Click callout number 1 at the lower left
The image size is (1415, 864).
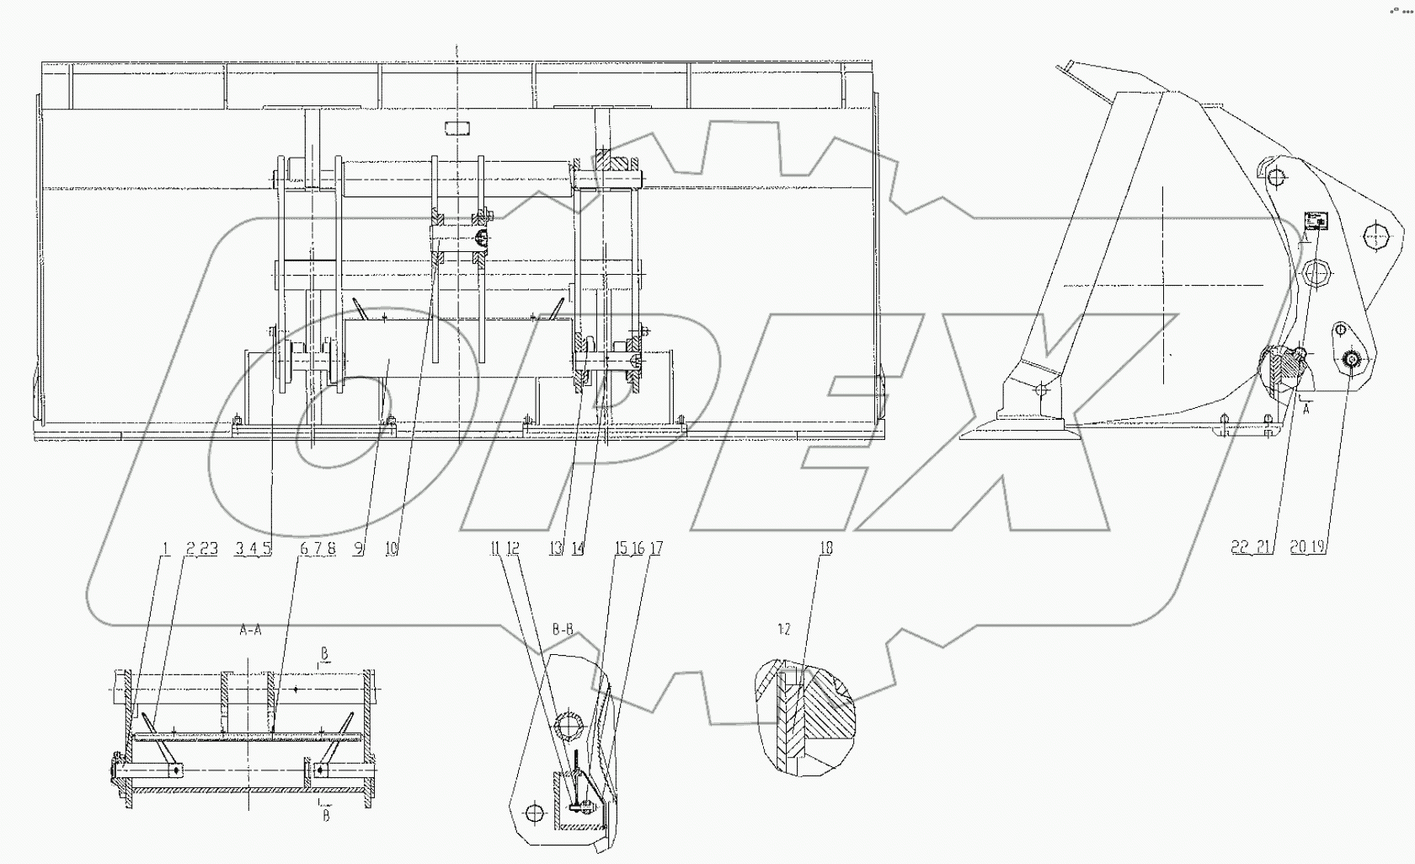pos(167,549)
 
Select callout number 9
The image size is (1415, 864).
pos(358,549)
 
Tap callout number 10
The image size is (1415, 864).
pos(391,549)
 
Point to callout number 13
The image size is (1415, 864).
pos(556,549)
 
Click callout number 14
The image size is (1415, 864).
pos(578,549)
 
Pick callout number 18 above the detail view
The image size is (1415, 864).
pos(825,549)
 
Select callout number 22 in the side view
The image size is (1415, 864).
pos(1240,547)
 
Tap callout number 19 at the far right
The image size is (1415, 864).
pos(1317,547)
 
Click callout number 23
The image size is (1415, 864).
pos(209,549)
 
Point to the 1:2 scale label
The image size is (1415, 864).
pos(783,630)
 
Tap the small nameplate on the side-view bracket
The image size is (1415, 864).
pos(1314,221)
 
